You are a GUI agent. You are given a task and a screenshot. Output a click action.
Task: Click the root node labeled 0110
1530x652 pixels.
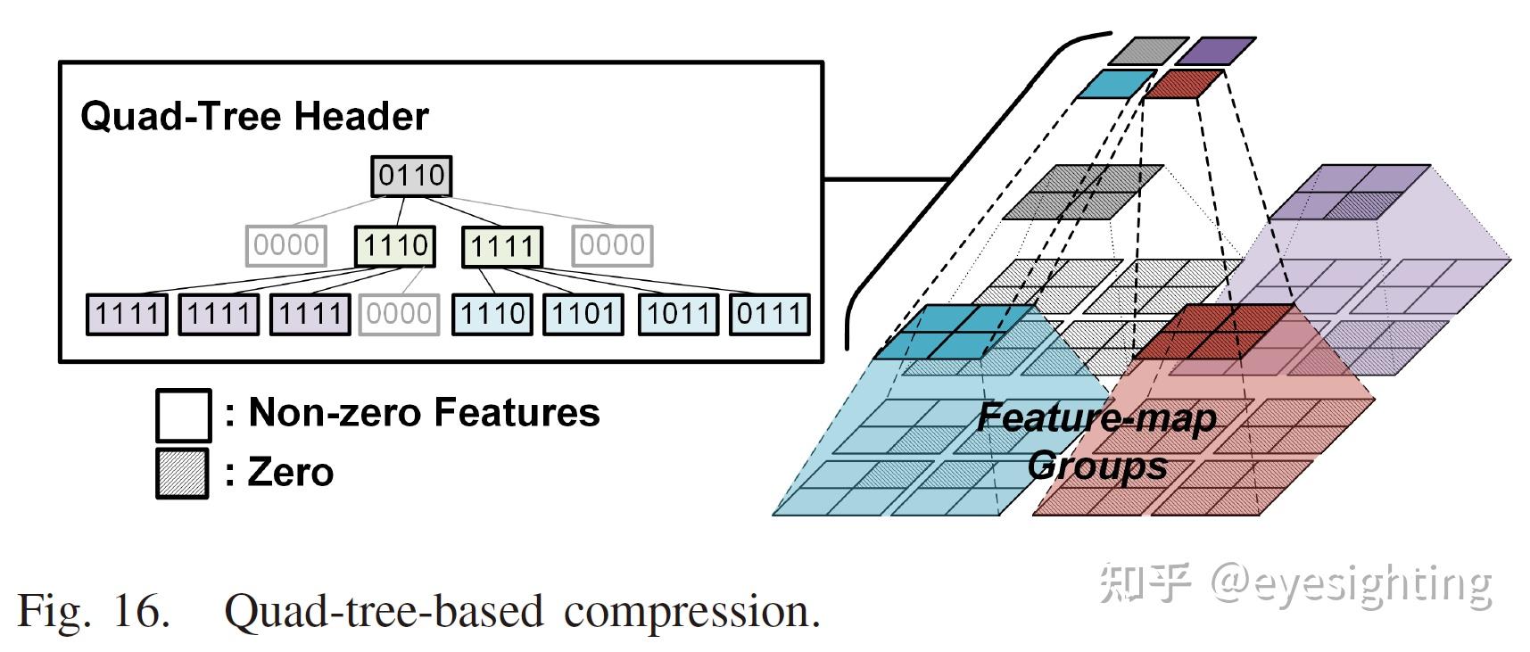click(411, 176)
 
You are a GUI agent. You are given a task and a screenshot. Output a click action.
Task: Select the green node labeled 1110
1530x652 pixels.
click(395, 245)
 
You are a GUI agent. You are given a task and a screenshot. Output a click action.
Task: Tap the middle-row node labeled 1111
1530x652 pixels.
click(501, 246)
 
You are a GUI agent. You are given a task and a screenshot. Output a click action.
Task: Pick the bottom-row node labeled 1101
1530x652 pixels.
click(583, 314)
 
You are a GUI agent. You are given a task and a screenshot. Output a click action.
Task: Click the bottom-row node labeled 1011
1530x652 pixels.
click(678, 314)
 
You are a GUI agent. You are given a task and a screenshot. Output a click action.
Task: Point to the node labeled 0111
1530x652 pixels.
click(770, 314)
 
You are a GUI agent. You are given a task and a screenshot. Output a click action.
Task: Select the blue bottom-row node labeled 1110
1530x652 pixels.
click(492, 314)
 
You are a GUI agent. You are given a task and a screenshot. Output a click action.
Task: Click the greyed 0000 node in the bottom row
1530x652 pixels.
click(399, 314)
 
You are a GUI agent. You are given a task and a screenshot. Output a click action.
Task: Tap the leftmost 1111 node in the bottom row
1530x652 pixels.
click(127, 314)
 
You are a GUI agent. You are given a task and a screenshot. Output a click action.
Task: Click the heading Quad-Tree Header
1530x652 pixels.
click(254, 117)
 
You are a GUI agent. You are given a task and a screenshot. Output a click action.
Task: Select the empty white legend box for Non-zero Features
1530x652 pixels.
click(184, 415)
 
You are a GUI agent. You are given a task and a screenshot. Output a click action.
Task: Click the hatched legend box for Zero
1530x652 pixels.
click(182, 473)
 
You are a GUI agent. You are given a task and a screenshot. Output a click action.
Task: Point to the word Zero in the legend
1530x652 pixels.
click(291, 472)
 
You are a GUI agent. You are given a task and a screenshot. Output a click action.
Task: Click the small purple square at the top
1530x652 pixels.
click(1215, 51)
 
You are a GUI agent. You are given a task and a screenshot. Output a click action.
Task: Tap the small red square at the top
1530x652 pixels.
click(1183, 84)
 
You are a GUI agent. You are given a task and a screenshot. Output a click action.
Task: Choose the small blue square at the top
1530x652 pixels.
click(1116, 84)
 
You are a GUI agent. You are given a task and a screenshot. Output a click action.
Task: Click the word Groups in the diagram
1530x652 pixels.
click(1097, 466)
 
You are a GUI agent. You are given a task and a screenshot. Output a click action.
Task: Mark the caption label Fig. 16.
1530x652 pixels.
click(94, 611)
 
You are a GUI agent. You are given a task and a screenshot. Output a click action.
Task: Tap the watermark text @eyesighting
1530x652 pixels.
click(1351, 583)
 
